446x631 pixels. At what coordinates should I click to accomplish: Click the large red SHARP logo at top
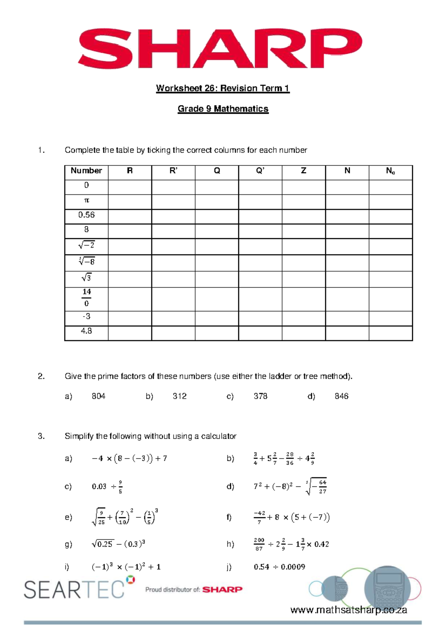[220, 48]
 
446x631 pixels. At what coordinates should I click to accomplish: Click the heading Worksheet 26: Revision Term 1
[223, 88]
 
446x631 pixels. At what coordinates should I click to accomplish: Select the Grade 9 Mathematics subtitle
[223, 109]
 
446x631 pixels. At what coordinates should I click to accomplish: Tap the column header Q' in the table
[260, 171]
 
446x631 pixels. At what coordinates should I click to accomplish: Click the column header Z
[304, 171]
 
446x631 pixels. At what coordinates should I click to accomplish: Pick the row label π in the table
[86, 200]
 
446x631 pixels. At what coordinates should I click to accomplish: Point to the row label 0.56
[86, 215]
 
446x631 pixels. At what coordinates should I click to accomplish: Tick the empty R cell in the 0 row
[130, 187]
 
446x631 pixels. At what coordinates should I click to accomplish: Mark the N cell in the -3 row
[347, 318]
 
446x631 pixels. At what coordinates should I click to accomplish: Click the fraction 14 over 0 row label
[86, 298]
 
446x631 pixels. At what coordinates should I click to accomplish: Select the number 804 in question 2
[98, 396]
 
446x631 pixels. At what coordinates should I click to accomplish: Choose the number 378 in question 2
[261, 396]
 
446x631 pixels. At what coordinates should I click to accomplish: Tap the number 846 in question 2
[342, 396]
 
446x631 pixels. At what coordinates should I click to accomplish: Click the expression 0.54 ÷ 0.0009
[279, 567]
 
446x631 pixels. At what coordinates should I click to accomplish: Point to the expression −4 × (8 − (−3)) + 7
[129, 458]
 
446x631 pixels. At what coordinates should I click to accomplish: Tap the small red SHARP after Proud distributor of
[222, 589]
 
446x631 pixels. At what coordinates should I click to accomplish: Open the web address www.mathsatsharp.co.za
[349, 610]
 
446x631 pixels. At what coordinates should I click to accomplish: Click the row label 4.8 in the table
[86, 331]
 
